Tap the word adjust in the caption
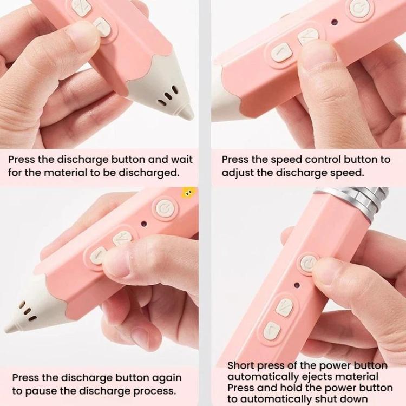tap(238, 173)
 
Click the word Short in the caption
tap(240, 365)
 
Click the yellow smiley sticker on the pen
tap(188, 193)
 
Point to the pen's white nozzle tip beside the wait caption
tap(186, 112)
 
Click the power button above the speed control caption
tap(359, 9)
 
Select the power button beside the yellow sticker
tap(164, 207)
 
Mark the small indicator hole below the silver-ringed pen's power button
tap(297, 285)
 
